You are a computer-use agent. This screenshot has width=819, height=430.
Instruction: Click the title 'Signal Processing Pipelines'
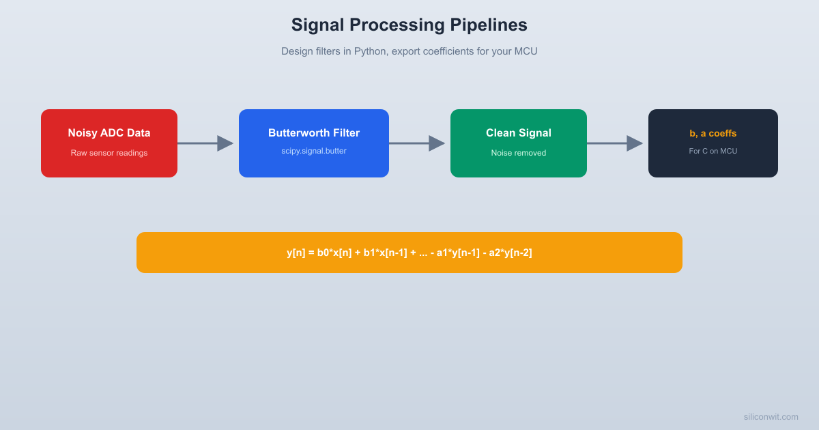pos(409,25)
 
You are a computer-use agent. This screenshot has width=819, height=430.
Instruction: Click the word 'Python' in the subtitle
pos(369,51)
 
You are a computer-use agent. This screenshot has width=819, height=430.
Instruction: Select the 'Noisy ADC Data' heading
pos(109,133)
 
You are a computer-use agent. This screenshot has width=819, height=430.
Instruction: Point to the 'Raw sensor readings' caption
pos(109,153)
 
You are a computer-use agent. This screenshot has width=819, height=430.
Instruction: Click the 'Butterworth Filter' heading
pos(314,133)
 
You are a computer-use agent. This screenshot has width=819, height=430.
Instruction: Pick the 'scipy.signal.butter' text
pos(314,151)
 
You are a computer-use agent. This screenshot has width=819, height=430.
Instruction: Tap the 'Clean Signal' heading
pos(519,133)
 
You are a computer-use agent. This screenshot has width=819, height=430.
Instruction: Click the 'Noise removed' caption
pos(519,153)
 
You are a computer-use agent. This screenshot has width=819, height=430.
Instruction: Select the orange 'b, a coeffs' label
pos(713,133)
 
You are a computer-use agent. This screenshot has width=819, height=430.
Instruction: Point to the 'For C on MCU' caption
pos(713,151)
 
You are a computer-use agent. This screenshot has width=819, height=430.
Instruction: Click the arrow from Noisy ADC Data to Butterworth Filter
pos(205,143)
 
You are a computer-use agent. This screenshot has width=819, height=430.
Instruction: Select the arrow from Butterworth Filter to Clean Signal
pos(417,143)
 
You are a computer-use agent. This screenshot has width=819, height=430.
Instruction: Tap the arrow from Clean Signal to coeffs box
pos(615,143)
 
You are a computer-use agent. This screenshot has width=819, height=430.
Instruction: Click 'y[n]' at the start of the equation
pos(296,253)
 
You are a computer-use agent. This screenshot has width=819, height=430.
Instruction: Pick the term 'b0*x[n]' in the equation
pos(334,253)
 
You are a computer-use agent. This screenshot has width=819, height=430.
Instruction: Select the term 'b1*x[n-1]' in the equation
pos(385,253)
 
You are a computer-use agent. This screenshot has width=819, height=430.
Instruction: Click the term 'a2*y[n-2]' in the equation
pos(511,253)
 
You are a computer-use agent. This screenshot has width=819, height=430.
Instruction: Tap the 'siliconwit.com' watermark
pos(771,416)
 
